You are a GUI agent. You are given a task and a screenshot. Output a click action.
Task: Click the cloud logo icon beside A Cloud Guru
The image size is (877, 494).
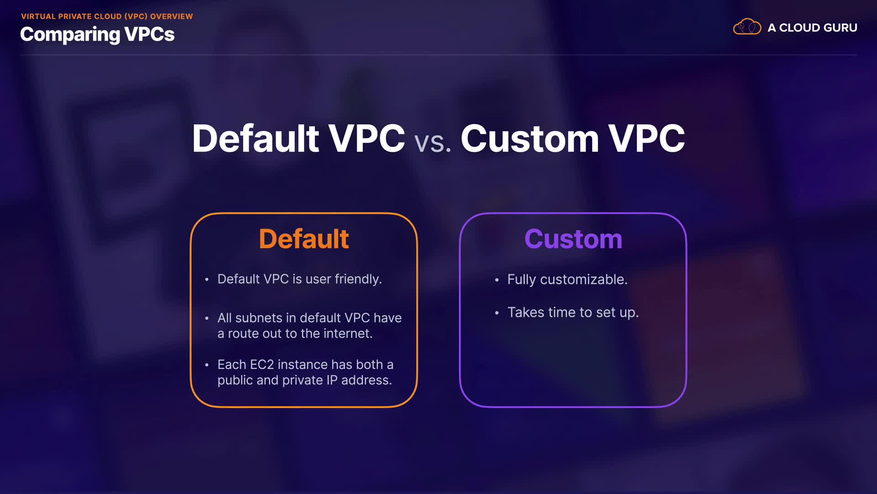pyautogui.click(x=747, y=27)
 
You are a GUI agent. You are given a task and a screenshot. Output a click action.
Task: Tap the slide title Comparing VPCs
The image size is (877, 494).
pyautogui.click(x=97, y=35)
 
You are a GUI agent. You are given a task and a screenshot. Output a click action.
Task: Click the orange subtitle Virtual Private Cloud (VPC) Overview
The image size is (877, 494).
pyautogui.click(x=107, y=16)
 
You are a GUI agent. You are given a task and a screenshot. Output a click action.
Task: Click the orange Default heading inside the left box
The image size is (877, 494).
pyautogui.click(x=304, y=239)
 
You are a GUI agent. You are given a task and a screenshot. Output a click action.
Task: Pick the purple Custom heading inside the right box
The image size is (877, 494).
pyautogui.click(x=573, y=239)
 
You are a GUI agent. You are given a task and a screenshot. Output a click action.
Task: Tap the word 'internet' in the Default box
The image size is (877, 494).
pyautogui.click(x=348, y=334)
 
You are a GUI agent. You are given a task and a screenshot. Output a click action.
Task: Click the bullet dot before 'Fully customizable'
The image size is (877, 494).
pyautogui.click(x=497, y=280)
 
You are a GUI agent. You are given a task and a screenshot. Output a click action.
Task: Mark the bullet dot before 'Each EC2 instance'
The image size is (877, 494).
pyautogui.click(x=207, y=365)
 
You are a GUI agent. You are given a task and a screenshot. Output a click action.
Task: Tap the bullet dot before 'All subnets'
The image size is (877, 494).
pyautogui.click(x=207, y=318)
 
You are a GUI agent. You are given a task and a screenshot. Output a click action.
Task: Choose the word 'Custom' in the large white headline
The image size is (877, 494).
pyautogui.click(x=530, y=139)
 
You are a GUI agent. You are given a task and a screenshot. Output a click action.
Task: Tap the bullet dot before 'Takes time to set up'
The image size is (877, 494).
pyautogui.click(x=497, y=313)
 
